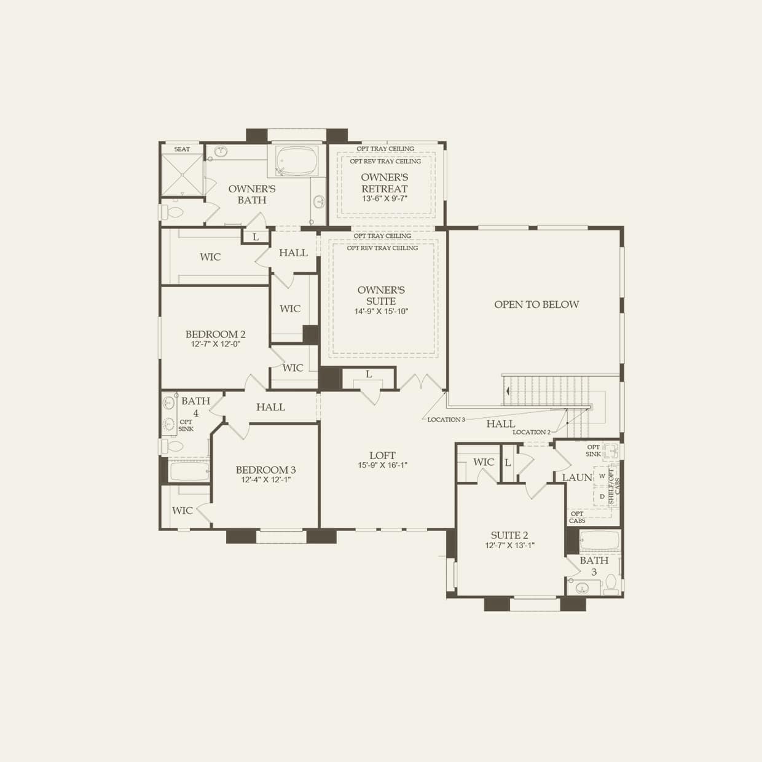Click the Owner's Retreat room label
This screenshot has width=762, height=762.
(384, 183)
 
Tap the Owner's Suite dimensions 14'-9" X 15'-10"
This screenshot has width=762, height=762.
(381, 312)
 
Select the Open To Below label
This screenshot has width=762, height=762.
(536, 304)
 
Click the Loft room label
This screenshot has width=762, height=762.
(382, 455)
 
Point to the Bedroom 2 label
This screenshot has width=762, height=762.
(215, 334)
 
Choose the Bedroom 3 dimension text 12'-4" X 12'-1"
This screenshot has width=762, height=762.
(265, 480)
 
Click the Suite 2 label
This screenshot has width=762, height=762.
(509, 535)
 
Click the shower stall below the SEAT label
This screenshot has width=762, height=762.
(181, 174)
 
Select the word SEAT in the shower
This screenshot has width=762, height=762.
(182, 149)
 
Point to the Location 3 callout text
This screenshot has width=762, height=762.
(446, 420)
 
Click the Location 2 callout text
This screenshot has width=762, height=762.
(532, 433)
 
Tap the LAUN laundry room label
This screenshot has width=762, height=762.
(577, 477)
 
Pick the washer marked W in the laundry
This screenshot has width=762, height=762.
(602, 476)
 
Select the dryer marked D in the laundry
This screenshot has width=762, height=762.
(602, 497)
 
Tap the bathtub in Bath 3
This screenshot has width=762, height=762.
(599, 540)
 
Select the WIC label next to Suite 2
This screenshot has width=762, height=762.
(484, 462)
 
